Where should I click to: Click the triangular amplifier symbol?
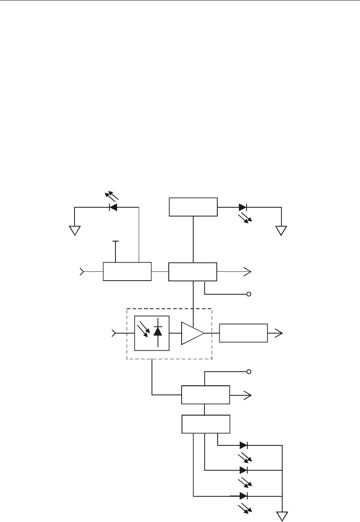[x=192, y=333]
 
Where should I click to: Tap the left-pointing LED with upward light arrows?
[x=113, y=207]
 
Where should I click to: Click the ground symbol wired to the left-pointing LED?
[x=75, y=231]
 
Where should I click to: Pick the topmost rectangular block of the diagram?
[x=193, y=207]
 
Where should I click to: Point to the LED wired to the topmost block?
[x=243, y=207]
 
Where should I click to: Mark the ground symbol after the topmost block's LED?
[x=281, y=231]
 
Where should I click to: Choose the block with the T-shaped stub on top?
[x=127, y=271]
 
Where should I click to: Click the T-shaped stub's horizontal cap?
[x=115, y=241]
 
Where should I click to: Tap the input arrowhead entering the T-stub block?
[x=82, y=272]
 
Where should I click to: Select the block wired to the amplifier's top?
[x=192, y=272]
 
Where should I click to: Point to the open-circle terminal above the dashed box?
[x=249, y=294]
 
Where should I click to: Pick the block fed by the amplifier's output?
[x=243, y=333]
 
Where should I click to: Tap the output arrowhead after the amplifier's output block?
[x=279, y=333]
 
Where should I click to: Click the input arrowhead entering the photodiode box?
[x=114, y=333]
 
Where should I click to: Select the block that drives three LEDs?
[x=206, y=424]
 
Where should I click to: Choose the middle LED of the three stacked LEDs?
[x=244, y=470]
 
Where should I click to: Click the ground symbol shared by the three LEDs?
[x=283, y=516]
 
